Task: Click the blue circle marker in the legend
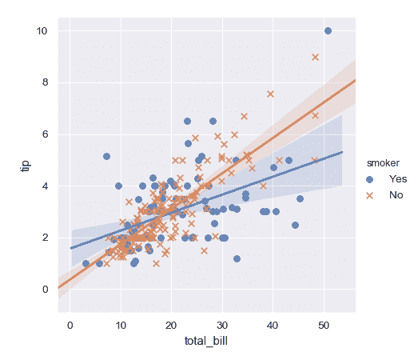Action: pyautogui.click(x=369, y=178)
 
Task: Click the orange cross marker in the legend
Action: pyautogui.click(x=369, y=194)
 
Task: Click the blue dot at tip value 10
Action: pyautogui.click(x=328, y=31)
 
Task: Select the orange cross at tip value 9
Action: pyautogui.click(x=315, y=57)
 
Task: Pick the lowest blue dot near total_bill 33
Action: pyautogui.click(x=237, y=258)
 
